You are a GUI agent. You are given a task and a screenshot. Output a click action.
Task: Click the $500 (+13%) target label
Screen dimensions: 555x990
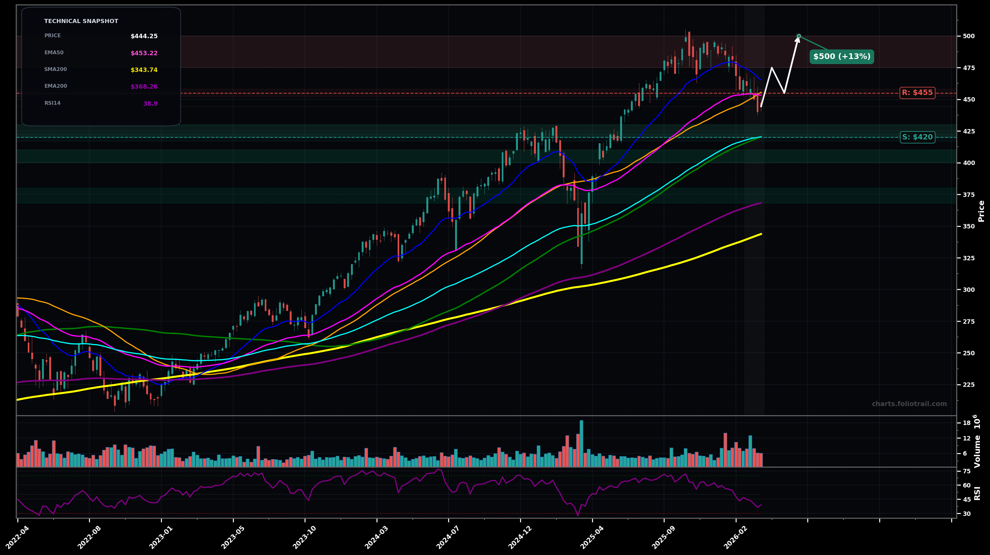[842, 57]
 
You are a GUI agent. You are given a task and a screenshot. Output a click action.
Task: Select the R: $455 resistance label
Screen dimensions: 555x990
[917, 93]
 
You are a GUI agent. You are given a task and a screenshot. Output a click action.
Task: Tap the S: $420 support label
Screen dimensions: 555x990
[917, 137]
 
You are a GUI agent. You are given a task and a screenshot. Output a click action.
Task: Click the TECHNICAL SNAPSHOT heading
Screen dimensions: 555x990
[81, 21]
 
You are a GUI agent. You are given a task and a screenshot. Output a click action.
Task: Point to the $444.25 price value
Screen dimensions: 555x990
[144, 37]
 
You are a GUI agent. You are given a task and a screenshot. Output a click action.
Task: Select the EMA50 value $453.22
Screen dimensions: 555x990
[144, 53]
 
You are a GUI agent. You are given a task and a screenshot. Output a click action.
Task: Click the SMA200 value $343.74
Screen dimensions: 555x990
[144, 70]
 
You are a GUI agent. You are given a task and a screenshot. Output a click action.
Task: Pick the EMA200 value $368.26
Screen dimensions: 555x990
[144, 87]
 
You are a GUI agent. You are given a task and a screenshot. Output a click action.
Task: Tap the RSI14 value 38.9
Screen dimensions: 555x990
[150, 104]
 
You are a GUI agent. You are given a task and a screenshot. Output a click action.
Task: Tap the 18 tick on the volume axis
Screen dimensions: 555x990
[966, 423]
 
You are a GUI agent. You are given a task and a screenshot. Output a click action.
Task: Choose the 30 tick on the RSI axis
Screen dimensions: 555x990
[966, 513]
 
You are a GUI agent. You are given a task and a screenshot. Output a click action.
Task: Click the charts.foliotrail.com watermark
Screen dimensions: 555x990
[909, 404]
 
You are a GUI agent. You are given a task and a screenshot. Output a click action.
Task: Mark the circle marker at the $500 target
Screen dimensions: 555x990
[799, 36]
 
